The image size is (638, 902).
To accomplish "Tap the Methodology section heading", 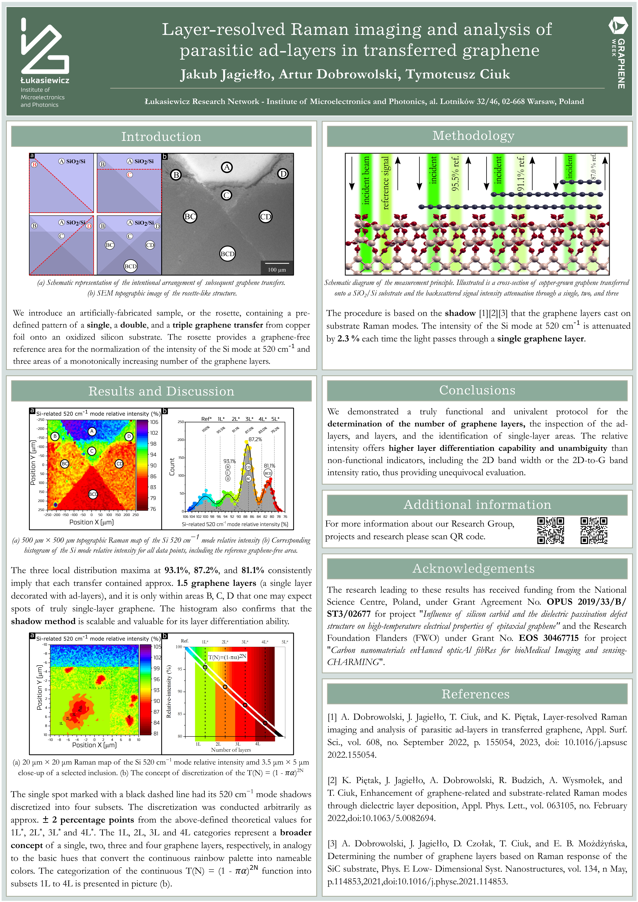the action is tap(473, 136).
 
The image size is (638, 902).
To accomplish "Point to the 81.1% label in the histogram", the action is tap(269, 466).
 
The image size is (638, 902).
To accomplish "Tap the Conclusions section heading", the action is tap(477, 390).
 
